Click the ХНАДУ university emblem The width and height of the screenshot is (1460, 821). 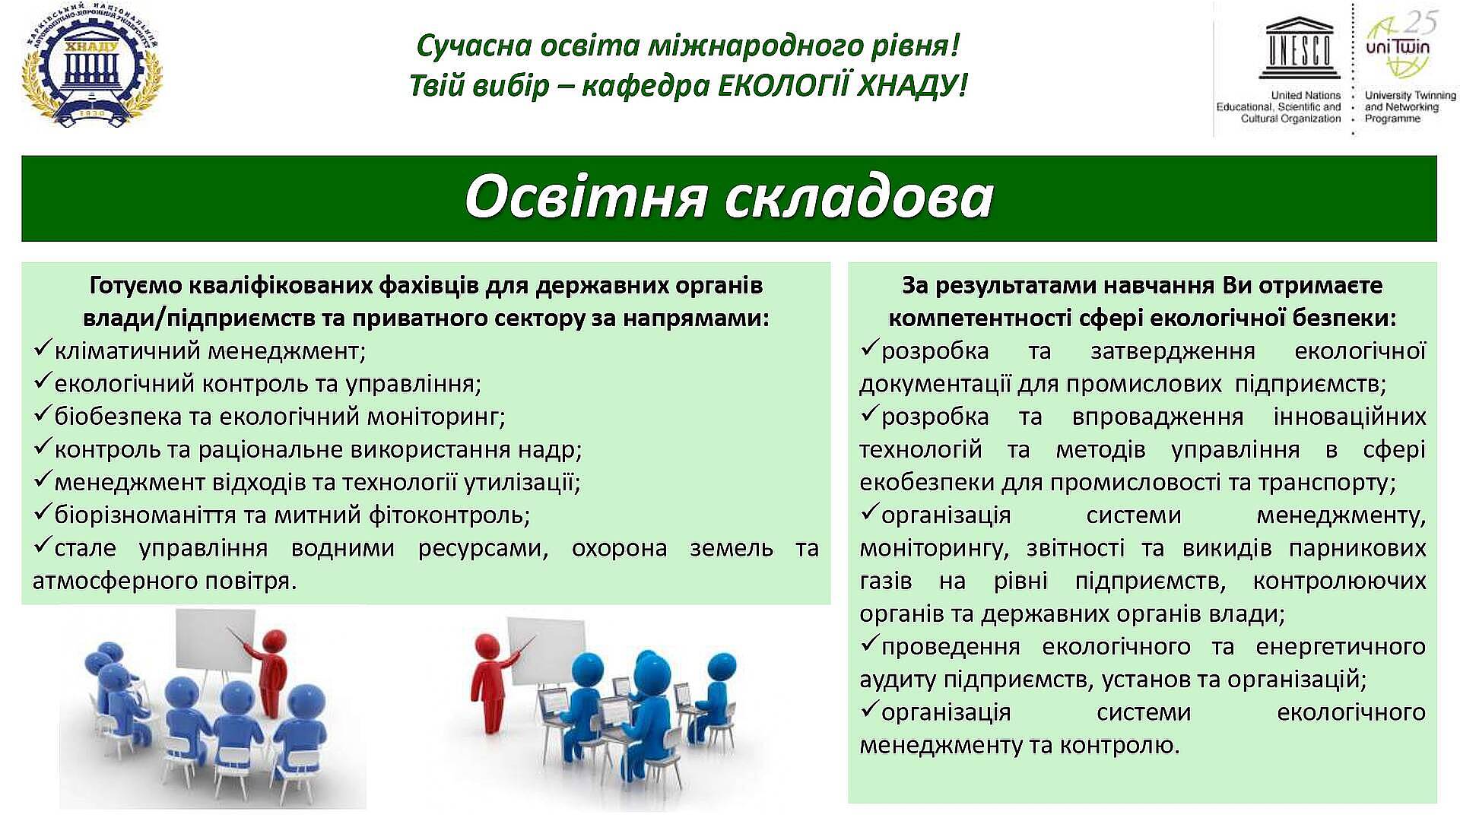pyautogui.click(x=92, y=67)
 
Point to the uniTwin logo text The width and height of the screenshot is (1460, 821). pyautogui.click(x=1398, y=47)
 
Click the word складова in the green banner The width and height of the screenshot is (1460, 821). pyautogui.click(x=859, y=197)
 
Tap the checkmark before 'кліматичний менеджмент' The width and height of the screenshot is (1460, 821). pyautogui.click(x=43, y=350)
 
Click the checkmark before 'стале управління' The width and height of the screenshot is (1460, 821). pyautogui.click(x=43, y=546)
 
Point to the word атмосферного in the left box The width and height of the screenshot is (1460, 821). pyautogui.click(x=104, y=581)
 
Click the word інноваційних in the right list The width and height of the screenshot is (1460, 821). pyautogui.click(x=1350, y=417)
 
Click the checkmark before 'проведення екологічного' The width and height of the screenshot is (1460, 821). pyautogui.click(x=869, y=645)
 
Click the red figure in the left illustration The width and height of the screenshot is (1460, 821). pyautogui.click(x=268, y=672)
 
